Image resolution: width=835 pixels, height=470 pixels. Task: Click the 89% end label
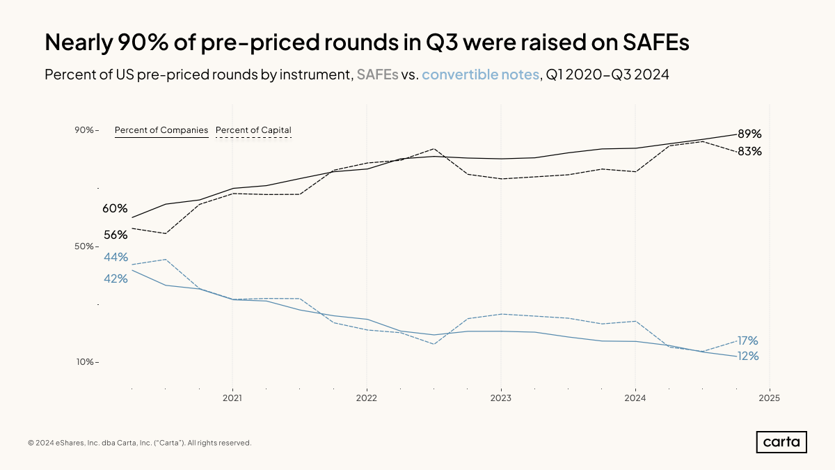749,134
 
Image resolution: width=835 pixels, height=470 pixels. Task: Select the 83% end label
749,151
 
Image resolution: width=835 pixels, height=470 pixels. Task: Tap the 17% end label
747,340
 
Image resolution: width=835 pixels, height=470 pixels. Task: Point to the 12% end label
747,356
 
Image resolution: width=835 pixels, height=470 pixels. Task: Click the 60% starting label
116,208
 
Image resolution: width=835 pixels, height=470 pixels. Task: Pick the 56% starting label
116,235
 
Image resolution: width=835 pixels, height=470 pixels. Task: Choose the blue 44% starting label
116,257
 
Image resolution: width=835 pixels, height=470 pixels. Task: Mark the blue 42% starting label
116,279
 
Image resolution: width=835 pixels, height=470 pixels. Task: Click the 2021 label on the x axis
232,398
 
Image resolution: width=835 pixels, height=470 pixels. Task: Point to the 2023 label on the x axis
500,398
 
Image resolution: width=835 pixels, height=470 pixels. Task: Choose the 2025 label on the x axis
769,398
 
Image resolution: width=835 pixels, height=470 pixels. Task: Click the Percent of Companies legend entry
161,130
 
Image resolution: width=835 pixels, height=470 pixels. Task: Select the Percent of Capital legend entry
253,130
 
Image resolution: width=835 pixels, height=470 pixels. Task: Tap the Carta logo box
781,442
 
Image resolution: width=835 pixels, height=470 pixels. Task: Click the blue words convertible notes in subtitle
480,75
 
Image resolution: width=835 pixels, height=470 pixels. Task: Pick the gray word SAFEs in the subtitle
377,75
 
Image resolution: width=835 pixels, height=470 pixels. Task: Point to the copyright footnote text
139,443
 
